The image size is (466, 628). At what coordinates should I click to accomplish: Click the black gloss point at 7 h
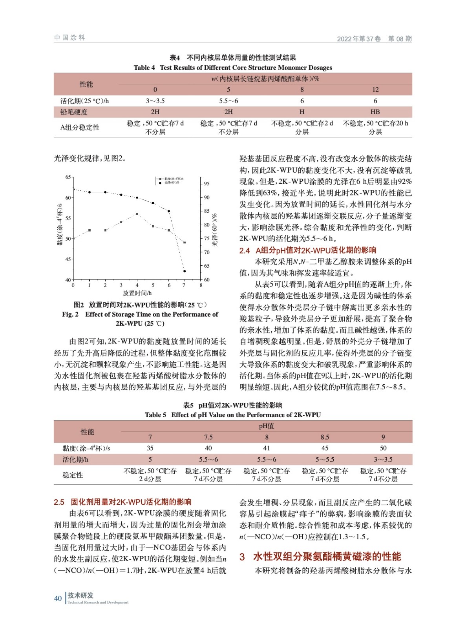pyautogui.click(x=185, y=271)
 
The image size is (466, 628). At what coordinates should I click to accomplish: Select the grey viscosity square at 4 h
pyautogui.click(x=137, y=214)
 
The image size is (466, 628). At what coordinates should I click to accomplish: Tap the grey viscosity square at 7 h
pyautogui.click(x=185, y=243)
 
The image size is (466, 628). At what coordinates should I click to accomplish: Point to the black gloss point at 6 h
pyautogui.click(x=169, y=211)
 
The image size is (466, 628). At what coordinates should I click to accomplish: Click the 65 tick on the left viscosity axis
pyautogui.click(x=68, y=177)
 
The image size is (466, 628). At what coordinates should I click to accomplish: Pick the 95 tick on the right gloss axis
pyautogui.click(x=207, y=184)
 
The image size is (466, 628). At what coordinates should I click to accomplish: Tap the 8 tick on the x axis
pyautogui.click(x=201, y=285)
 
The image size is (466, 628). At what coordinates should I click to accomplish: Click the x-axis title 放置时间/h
pyautogui.click(x=137, y=293)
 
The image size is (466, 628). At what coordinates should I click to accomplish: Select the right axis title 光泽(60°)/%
pyautogui.click(x=215, y=230)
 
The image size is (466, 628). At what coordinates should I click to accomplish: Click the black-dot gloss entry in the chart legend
pyautogui.click(x=170, y=183)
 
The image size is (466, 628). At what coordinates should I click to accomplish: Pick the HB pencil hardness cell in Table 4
pyautogui.click(x=375, y=112)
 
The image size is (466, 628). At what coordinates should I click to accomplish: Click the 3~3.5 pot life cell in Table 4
pyautogui.click(x=155, y=101)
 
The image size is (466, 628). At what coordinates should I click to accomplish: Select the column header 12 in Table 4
pyautogui.click(x=375, y=89)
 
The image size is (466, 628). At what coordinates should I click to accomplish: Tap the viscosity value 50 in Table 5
pyautogui.click(x=383, y=448)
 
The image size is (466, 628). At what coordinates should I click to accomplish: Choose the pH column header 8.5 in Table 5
pyautogui.click(x=325, y=437)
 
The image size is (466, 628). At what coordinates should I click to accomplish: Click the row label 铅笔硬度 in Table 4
pyautogui.click(x=74, y=112)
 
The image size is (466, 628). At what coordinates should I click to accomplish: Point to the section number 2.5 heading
pyautogui.click(x=59, y=502)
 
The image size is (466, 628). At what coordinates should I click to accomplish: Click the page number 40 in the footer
pyautogui.click(x=58, y=598)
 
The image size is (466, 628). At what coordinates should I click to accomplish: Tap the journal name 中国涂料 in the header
pyautogui.click(x=69, y=38)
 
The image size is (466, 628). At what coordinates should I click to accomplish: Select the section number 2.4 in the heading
pyautogui.click(x=245, y=250)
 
